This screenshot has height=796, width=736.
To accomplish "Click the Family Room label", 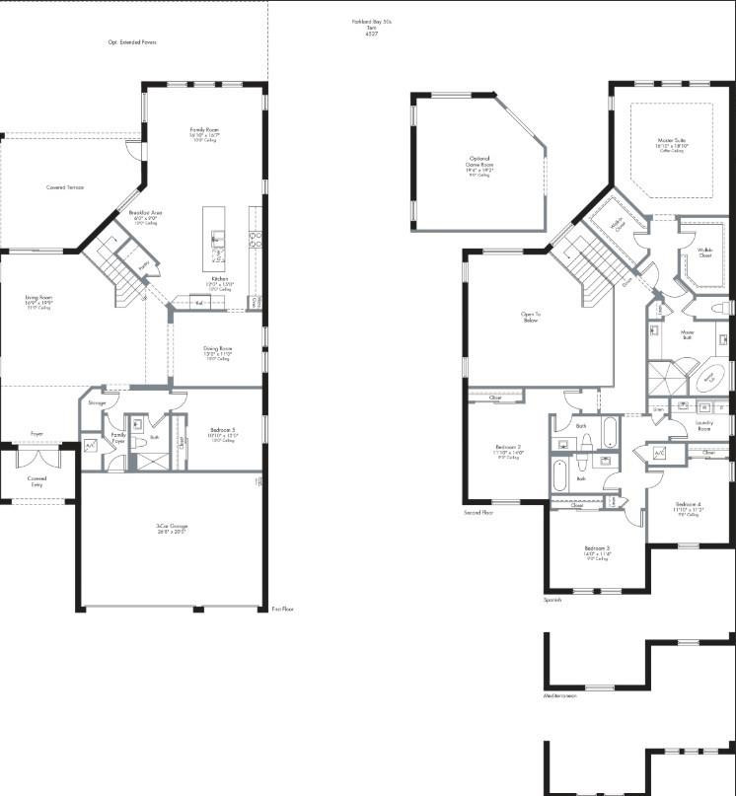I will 204,129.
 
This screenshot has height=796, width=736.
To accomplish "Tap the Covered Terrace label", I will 65,186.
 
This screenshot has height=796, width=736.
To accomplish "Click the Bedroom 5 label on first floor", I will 222,430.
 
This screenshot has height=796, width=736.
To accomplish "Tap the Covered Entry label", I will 36,480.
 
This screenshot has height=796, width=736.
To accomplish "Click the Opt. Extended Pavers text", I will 132,41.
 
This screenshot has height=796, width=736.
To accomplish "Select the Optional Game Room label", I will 478,163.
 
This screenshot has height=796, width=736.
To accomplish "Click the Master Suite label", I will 672,141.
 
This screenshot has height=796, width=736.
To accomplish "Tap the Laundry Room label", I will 703,425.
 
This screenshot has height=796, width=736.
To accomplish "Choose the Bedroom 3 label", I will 597,548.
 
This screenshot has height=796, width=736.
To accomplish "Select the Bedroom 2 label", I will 509,449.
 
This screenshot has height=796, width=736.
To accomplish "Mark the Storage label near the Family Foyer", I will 97,403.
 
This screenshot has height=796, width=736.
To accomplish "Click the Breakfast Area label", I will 145,213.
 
